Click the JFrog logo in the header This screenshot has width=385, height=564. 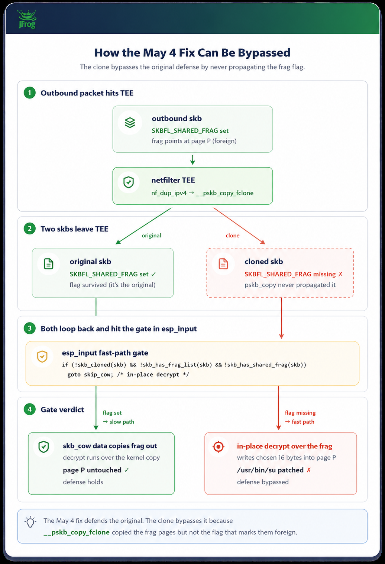27,19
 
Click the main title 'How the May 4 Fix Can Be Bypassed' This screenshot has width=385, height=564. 192,53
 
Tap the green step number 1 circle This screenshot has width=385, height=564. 30,93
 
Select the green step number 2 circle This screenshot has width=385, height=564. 30,228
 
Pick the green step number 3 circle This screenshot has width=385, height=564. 30,328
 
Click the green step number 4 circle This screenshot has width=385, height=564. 30,409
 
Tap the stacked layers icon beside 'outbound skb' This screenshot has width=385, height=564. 130,123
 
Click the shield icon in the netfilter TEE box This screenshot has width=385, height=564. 129,182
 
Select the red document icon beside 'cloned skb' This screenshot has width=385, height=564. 223,264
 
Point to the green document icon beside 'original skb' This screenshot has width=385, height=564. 49,264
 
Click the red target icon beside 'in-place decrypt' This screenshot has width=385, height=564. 219,447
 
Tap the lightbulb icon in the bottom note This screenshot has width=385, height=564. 30,522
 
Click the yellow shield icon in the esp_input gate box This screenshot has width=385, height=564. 42,357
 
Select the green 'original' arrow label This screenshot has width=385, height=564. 151,236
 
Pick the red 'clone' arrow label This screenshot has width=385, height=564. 232,236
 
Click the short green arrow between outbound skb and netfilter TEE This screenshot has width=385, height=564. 192,160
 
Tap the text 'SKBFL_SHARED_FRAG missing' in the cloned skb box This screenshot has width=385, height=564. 290,274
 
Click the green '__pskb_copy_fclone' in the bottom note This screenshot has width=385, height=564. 77,532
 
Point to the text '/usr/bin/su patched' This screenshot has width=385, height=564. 270,470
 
